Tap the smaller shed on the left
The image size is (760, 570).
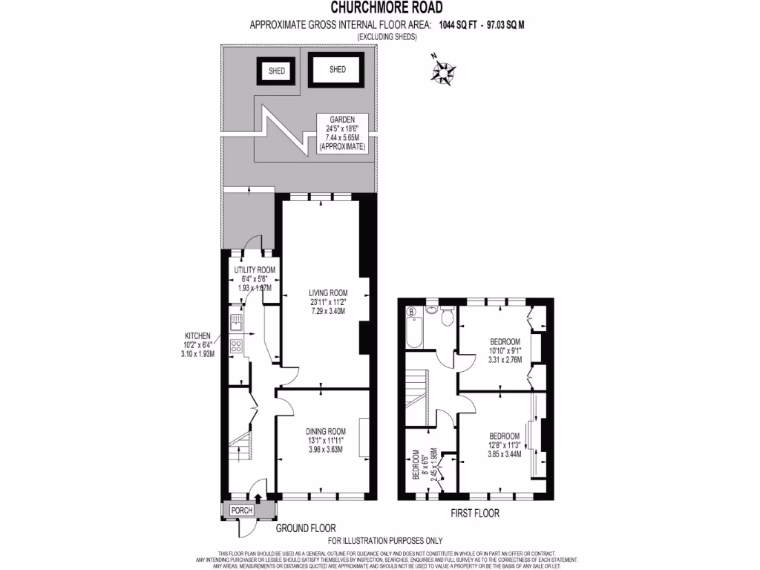click(277, 72)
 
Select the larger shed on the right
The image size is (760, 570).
click(337, 70)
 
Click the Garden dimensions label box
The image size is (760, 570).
click(342, 133)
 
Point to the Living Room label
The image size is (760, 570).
click(328, 297)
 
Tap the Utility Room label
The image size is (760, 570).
click(255, 278)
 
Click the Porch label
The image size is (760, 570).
click(242, 510)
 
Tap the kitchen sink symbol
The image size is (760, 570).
click(236, 323)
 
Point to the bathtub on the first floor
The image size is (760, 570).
click(414, 332)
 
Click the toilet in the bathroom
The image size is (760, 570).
click(446, 318)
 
